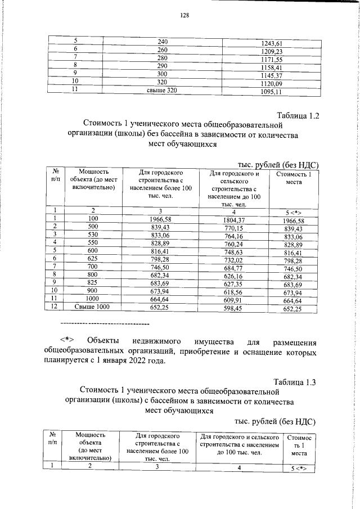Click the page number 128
pyautogui.click(x=184, y=15)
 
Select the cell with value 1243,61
pyautogui.click(x=272, y=44)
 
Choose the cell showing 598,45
pyautogui.click(x=235, y=308)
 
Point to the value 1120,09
pyautogui.click(x=272, y=85)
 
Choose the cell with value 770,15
pyautogui.click(x=235, y=229)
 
